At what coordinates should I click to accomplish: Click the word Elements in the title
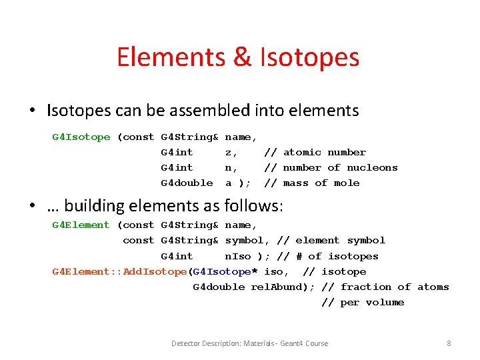point(171,57)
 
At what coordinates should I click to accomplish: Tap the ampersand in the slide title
point(242,57)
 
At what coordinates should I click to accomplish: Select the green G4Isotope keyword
point(81,137)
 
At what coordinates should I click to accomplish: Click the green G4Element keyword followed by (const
point(81,225)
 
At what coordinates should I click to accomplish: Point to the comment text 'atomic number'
point(324,153)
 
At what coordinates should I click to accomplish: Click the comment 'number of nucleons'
point(340,168)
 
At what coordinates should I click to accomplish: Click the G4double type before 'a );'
point(187,183)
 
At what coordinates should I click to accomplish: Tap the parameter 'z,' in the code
point(231,153)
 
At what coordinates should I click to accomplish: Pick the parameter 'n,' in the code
point(231,168)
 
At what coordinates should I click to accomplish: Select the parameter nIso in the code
point(238,256)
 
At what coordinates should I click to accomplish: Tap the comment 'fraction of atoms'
point(395,287)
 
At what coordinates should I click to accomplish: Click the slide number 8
point(449,343)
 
